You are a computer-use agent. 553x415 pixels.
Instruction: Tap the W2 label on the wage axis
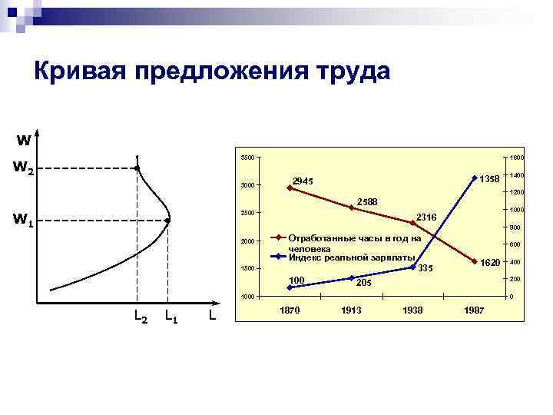pyautogui.click(x=22, y=168)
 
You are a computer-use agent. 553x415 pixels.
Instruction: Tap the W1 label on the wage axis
pyautogui.click(x=22, y=221)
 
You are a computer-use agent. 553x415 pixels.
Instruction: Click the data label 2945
pyautogui.click(x=303, y=181)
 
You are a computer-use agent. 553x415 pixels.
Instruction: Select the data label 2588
pyautogui.click(x=367, y=201)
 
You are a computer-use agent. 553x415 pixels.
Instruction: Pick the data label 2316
pyautogui.click(x=426, y=218)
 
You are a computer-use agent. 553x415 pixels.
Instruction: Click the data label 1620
pyautogui.click(x=490, y=263)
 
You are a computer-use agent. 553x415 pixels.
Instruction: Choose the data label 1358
pyautogui.click(x=489, y=179)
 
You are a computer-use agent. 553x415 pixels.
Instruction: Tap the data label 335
pyautogui.click(x=426, y=268)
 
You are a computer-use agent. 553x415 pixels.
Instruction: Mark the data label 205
pyautogui.click(x=364, y=282)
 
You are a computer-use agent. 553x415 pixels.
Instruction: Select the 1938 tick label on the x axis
pyautogui.click(x=412, y=310)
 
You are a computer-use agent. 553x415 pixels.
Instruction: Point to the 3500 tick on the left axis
pyautogui.click(x=247, y=158)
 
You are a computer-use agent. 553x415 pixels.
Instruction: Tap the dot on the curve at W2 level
pyautogui.click(x=137, y=168)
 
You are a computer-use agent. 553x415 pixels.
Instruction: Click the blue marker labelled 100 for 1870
pyautogui.click(x=289, y=287)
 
